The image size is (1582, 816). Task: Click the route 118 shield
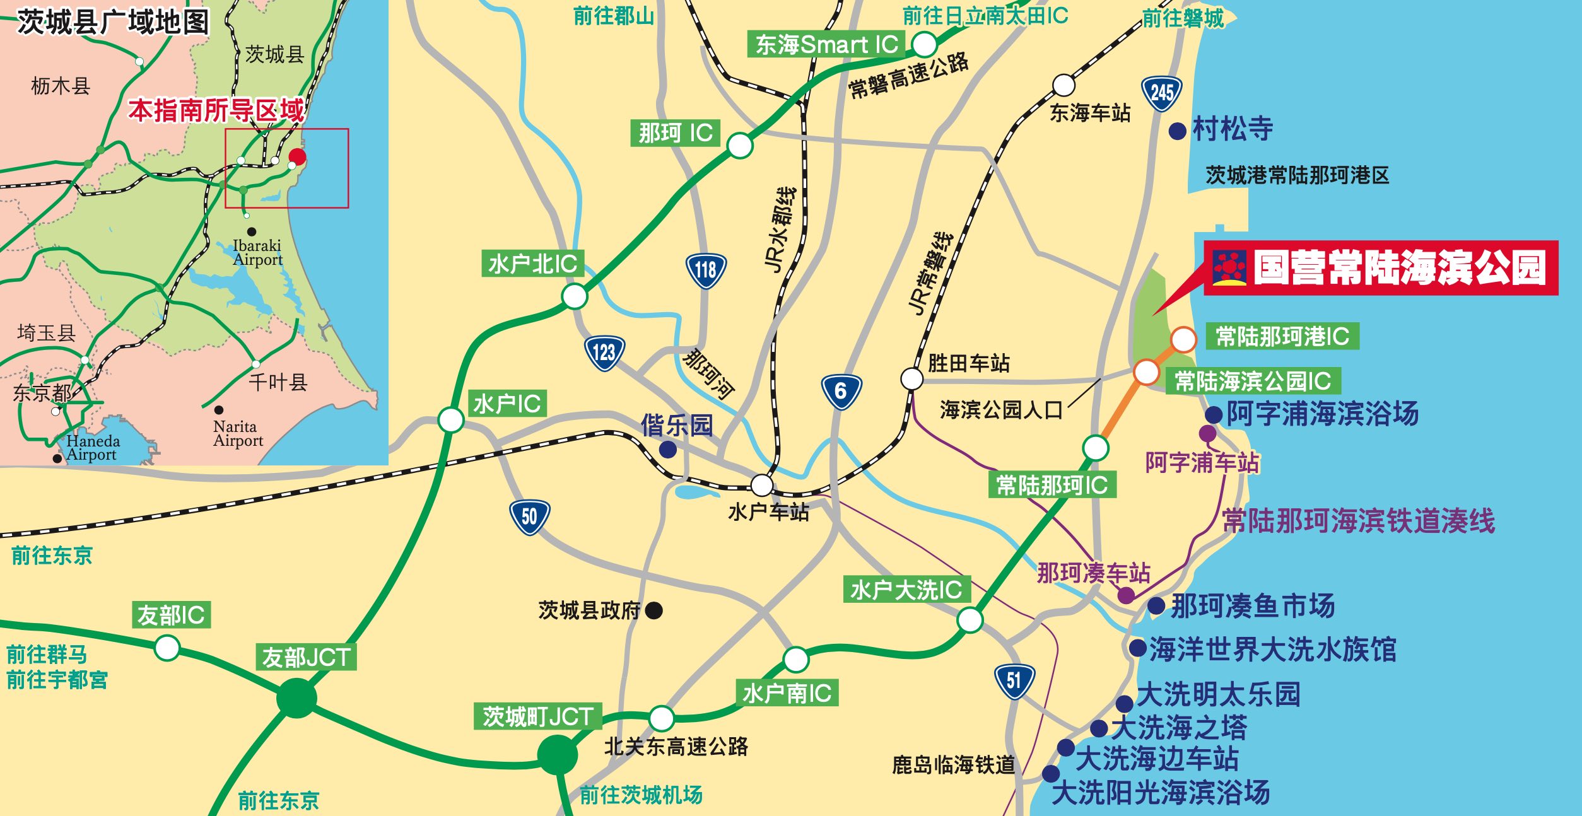pyautogui.click(x=706, y=271)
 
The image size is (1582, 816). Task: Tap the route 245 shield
pyautogui.click(x=1161, y=94)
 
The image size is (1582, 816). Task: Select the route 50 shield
pyautogui.click(x=529, y=517)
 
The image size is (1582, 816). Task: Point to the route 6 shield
pyautogui.click(x=841, y=391)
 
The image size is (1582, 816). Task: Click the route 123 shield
pyautogui.click(x=604, y=353)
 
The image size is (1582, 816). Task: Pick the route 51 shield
pyautogui.click(x=1014, y=680)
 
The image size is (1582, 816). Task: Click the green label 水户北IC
pyautogui.click(x=533, y=264)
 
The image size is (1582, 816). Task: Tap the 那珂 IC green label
pyautogui.click(x=675, y=133)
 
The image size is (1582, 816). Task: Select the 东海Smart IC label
pyautogui.click(x=826, y=44)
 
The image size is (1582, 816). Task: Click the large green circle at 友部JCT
pyautogui.click(x=296, y=697)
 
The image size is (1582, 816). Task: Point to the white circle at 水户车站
pyautogui.click(x=761, y=485)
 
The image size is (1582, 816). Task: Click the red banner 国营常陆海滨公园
pyautogui.click(x=1381, y=268)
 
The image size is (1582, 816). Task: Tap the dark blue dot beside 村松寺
pyautogui.click(x=1177, y=131)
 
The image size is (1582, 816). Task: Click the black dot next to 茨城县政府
pyautogui.click(x=654, y=610)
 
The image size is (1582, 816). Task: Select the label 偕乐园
pyautogui.click(x=676, y=426)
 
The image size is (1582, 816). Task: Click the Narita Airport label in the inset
pyautogui.click(x=238, y=433)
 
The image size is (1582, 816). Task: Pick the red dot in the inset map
pyautogui.click(x=297, y=156)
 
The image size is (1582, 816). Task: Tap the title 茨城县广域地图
pyautogui.click(x=114, y=22)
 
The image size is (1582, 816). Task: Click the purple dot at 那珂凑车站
pyautogui.click(x=1126, y=595)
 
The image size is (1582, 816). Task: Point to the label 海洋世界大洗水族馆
pyautogui.click(x=1272, y=649)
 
